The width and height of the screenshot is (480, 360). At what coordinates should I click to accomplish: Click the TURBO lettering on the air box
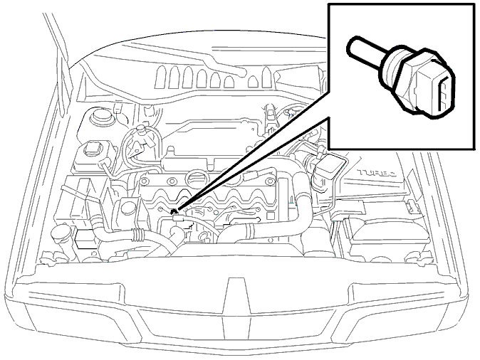pyautogui.click(x=378, y=173)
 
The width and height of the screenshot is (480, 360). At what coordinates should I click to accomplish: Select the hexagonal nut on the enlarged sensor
pyautogui.click(x=407, y=80)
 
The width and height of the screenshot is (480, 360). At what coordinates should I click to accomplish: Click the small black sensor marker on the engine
pyautogui.click(x=174, y=211)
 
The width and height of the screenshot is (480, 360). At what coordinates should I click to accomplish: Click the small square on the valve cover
pyautogui.click(x=271, y=216)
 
